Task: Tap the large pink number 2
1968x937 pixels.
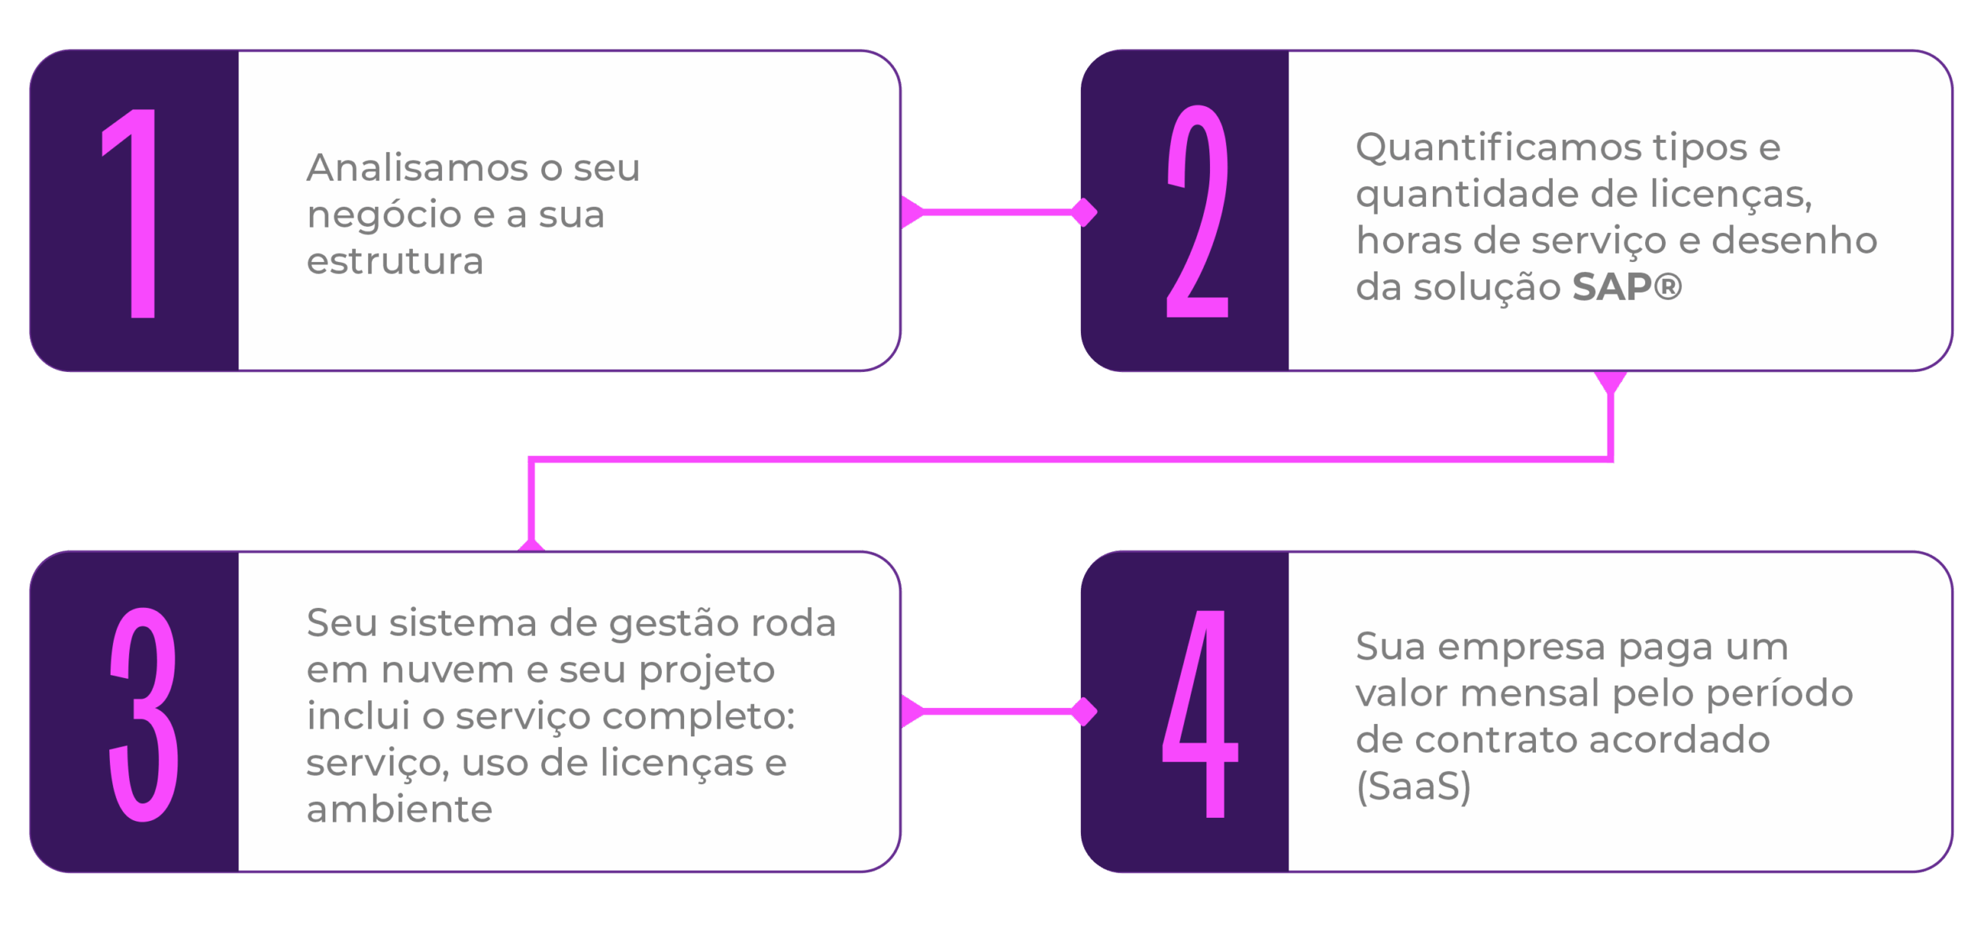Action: pos(1197,213)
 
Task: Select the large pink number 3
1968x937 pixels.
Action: pos(144,714)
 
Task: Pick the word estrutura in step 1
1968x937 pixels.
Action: pos(395,261)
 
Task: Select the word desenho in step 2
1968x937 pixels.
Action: pos(1794,241)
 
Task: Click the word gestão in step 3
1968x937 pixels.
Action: pos(676,623)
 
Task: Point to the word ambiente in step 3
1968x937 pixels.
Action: pos(399,809)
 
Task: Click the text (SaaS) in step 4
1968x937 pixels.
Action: pos(1413,786)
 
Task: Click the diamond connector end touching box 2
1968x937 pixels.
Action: pos(1084,212)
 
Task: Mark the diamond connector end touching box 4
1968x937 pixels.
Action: pos(1084,711)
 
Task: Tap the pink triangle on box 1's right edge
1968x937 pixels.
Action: pos(911,212)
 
